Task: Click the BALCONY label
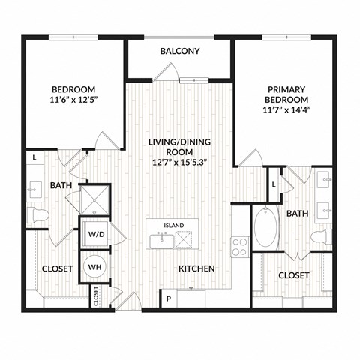[179, 51]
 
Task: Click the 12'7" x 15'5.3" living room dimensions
[179, 161]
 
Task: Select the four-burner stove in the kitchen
[240, 245]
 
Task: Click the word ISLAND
[174, 225]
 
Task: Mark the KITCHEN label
[196, 268]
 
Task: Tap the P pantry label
[168, 298]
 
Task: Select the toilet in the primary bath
[321, 238]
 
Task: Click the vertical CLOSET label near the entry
[97, 296]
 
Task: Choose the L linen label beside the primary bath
[274, 184]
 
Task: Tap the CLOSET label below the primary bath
[293, 275]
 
